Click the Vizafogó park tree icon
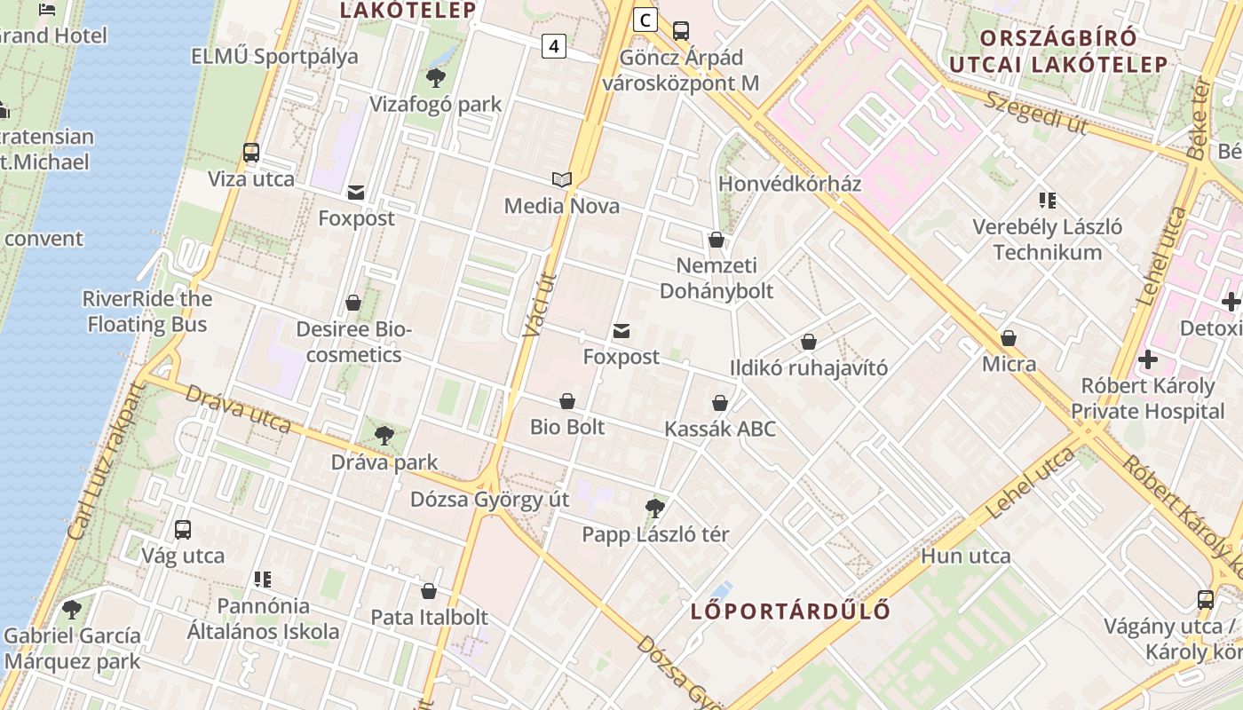[x=435, y=78]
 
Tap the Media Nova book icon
[x=561, y=179]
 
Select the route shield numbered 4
[x=554, y=46]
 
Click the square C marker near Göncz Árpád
[x=645, y=20]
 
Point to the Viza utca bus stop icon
[x=251, y=153]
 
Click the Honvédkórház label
[x=789, y=184]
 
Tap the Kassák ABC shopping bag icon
[x=720, y=403]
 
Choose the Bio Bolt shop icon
[x=567, y=401]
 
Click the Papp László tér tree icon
[x=655, y=509]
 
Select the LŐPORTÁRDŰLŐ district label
[x=790, y=611]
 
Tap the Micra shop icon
[x=1009, y=338]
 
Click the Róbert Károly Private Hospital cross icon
[x=1147, y=359]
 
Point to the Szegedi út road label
[x=1035, y=113]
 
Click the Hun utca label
[x=966, y=556]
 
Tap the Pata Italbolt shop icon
[x=429, y=591]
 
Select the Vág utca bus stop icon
[x=183, y=530]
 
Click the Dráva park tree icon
[x=384, y=436]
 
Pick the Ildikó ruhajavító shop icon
[x=809, y=342]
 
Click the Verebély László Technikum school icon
[x=1048, y=201]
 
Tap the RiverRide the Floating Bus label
[x=147, y=312]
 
